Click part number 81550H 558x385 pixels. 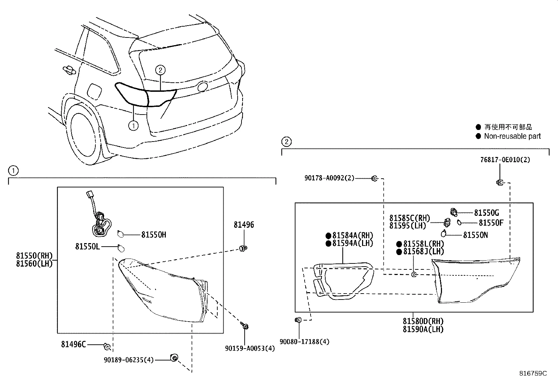(x=154, y=235)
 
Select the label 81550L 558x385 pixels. (x=87, y=247)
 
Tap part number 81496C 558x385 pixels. (x=73, y=344)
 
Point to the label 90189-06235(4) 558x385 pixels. (x=129, y=360)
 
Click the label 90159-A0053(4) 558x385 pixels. (x=250, y=348)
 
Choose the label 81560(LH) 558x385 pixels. (x=34, y=263)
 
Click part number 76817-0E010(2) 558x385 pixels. (x=505, y=160)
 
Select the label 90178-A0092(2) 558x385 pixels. (x=329, y=178)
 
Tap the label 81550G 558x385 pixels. (x=486, y=213)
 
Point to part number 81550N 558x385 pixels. (x=475, y=235)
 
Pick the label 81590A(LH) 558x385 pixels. (x=423, y=329)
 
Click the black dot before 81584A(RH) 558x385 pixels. (x=328, y=235)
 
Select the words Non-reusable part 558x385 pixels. (x=512, y=136)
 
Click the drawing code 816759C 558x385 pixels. (x=533, y=373)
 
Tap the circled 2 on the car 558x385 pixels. (x=160, y=70)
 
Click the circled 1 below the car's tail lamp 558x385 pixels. (x=133, y=125)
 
